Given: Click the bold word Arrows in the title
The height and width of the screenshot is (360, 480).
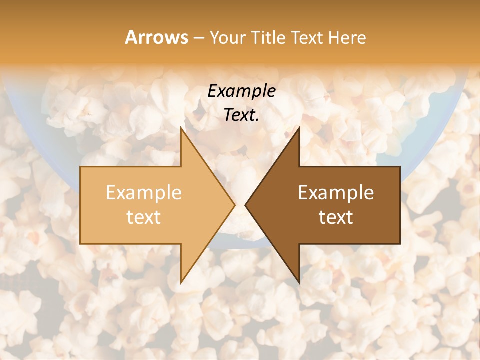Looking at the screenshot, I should (x=156, y=37).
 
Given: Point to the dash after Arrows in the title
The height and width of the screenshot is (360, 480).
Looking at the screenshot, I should (x=198, y=38).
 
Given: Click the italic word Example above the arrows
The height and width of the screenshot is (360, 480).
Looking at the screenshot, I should (x=241, y=91).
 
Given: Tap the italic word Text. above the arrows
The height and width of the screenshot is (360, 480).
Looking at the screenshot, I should (x=241, y=115).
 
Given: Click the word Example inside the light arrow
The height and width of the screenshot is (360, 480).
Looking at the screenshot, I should (x=143, y=193).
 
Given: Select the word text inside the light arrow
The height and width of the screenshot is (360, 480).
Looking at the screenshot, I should (x=143, y=217).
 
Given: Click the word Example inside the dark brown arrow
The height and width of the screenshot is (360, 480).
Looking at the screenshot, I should (x=336, y=193).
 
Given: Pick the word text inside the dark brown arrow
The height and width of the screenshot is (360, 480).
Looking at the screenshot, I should (x=336, y=217).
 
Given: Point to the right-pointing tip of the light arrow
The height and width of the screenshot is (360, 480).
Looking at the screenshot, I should (x=235, y=205).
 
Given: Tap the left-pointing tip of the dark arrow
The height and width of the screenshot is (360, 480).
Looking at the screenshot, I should (x=245, y=205).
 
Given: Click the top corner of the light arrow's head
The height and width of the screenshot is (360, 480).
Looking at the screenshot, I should (x=181, y=127).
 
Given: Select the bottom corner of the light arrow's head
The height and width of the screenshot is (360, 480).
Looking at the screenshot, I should (x=181, y=283).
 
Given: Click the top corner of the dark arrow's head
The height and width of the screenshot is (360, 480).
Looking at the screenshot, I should (x=299, y=127).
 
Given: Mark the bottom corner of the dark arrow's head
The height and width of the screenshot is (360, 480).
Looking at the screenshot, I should (x=299, y=283).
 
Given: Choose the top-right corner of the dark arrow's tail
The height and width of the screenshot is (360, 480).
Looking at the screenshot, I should (x=400, y=167).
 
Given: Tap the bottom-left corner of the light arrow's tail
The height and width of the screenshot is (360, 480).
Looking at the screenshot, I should (x=80, y=244).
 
